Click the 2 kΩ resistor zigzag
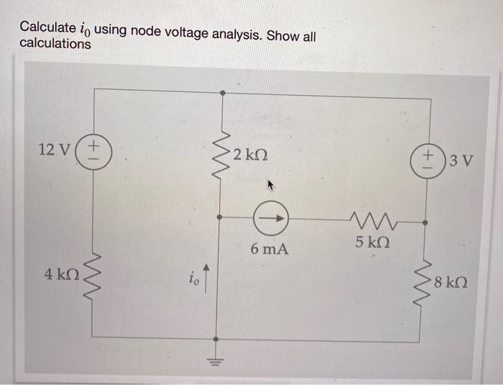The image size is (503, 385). [x=222, y=153]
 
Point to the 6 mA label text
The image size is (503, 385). [x=270, y=249]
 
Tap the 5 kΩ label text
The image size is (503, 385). [x=373, y=243]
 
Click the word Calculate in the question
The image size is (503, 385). [x=47, y=27]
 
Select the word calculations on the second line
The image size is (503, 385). [x=55, y=44]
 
